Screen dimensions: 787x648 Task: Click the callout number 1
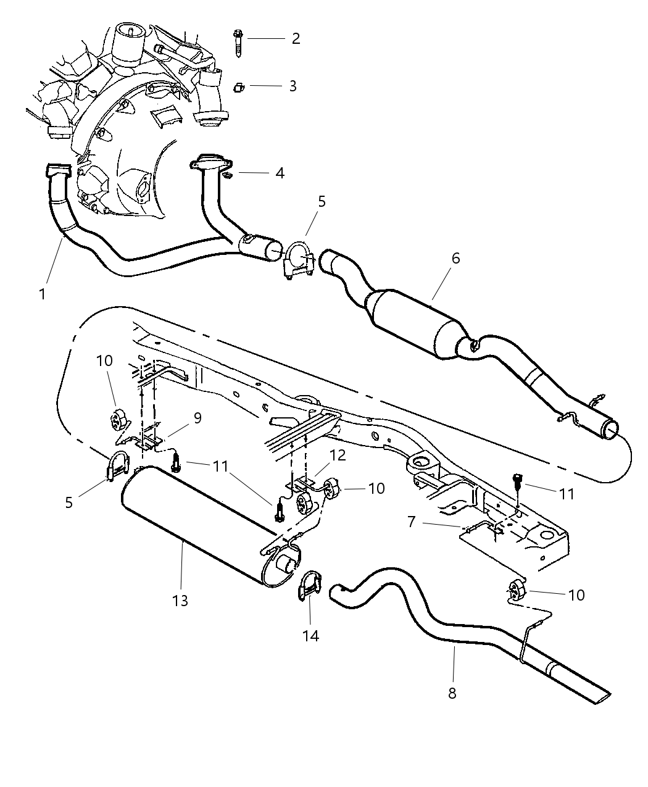[42, 294]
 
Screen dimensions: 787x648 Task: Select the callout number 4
[280, 173]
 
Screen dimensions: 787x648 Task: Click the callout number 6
[455, 258]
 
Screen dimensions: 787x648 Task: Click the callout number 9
[197, 418]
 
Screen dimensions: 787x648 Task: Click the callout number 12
[338, 456]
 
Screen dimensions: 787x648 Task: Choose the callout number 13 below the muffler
[180, 600]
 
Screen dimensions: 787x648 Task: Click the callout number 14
[311, 635]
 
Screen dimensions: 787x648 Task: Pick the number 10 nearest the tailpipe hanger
[575, 595]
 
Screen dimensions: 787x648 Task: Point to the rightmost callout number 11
[566, 494]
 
